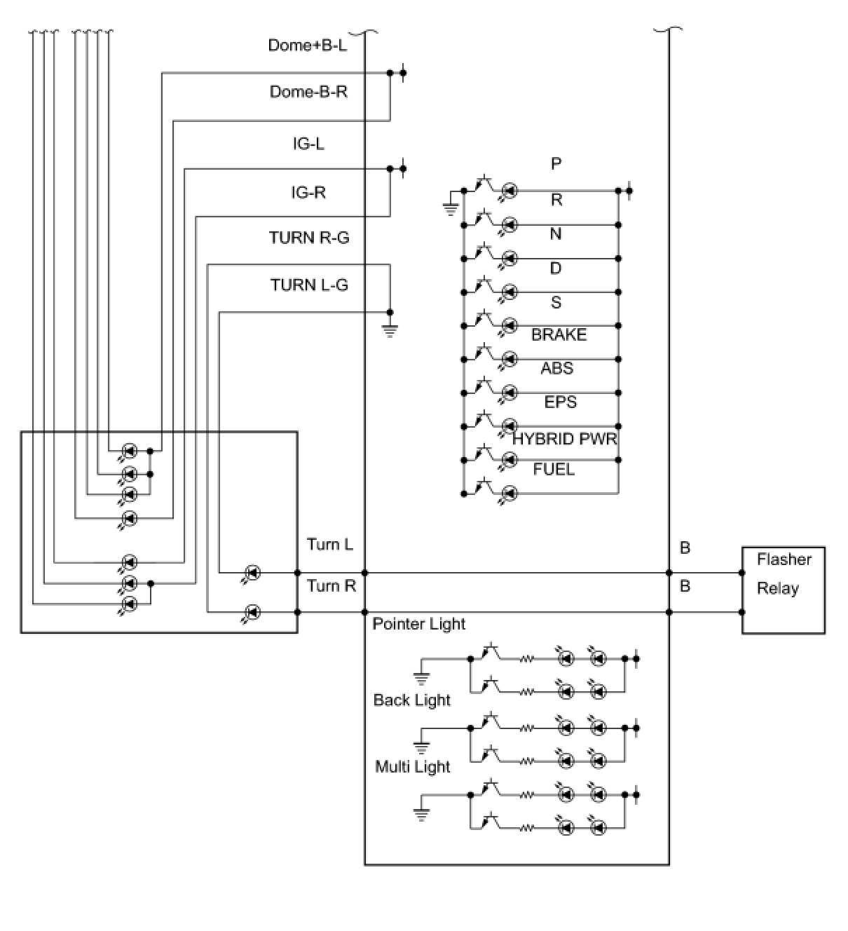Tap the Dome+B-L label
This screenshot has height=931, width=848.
tap(307, 45)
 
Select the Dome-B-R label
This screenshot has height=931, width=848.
tap(308, 91)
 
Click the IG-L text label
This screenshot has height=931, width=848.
tap(308, 144)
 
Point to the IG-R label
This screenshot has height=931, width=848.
tap(308, 191)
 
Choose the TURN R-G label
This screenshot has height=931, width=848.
tap(309, 237)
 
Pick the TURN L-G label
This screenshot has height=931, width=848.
tap(309, 285)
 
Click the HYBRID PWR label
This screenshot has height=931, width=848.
tap(564, 439)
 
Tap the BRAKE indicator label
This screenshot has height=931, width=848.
tap(559, 334)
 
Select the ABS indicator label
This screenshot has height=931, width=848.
tap(557, 367)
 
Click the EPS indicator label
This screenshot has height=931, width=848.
tap(560, 402)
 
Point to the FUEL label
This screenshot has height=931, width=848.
tap(554, 469)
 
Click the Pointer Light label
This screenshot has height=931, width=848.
tap(418, 624)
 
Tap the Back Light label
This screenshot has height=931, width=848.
tap(411, 700)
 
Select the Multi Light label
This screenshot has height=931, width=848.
tap(412, 766)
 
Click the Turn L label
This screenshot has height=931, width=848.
tap(330, 544)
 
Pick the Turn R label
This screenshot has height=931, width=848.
tap(331, 585)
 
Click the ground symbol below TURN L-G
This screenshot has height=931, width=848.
tap(390, 330)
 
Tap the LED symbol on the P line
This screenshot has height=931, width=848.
tap(510, 191)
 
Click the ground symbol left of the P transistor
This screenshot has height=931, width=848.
tap(450, 210)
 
